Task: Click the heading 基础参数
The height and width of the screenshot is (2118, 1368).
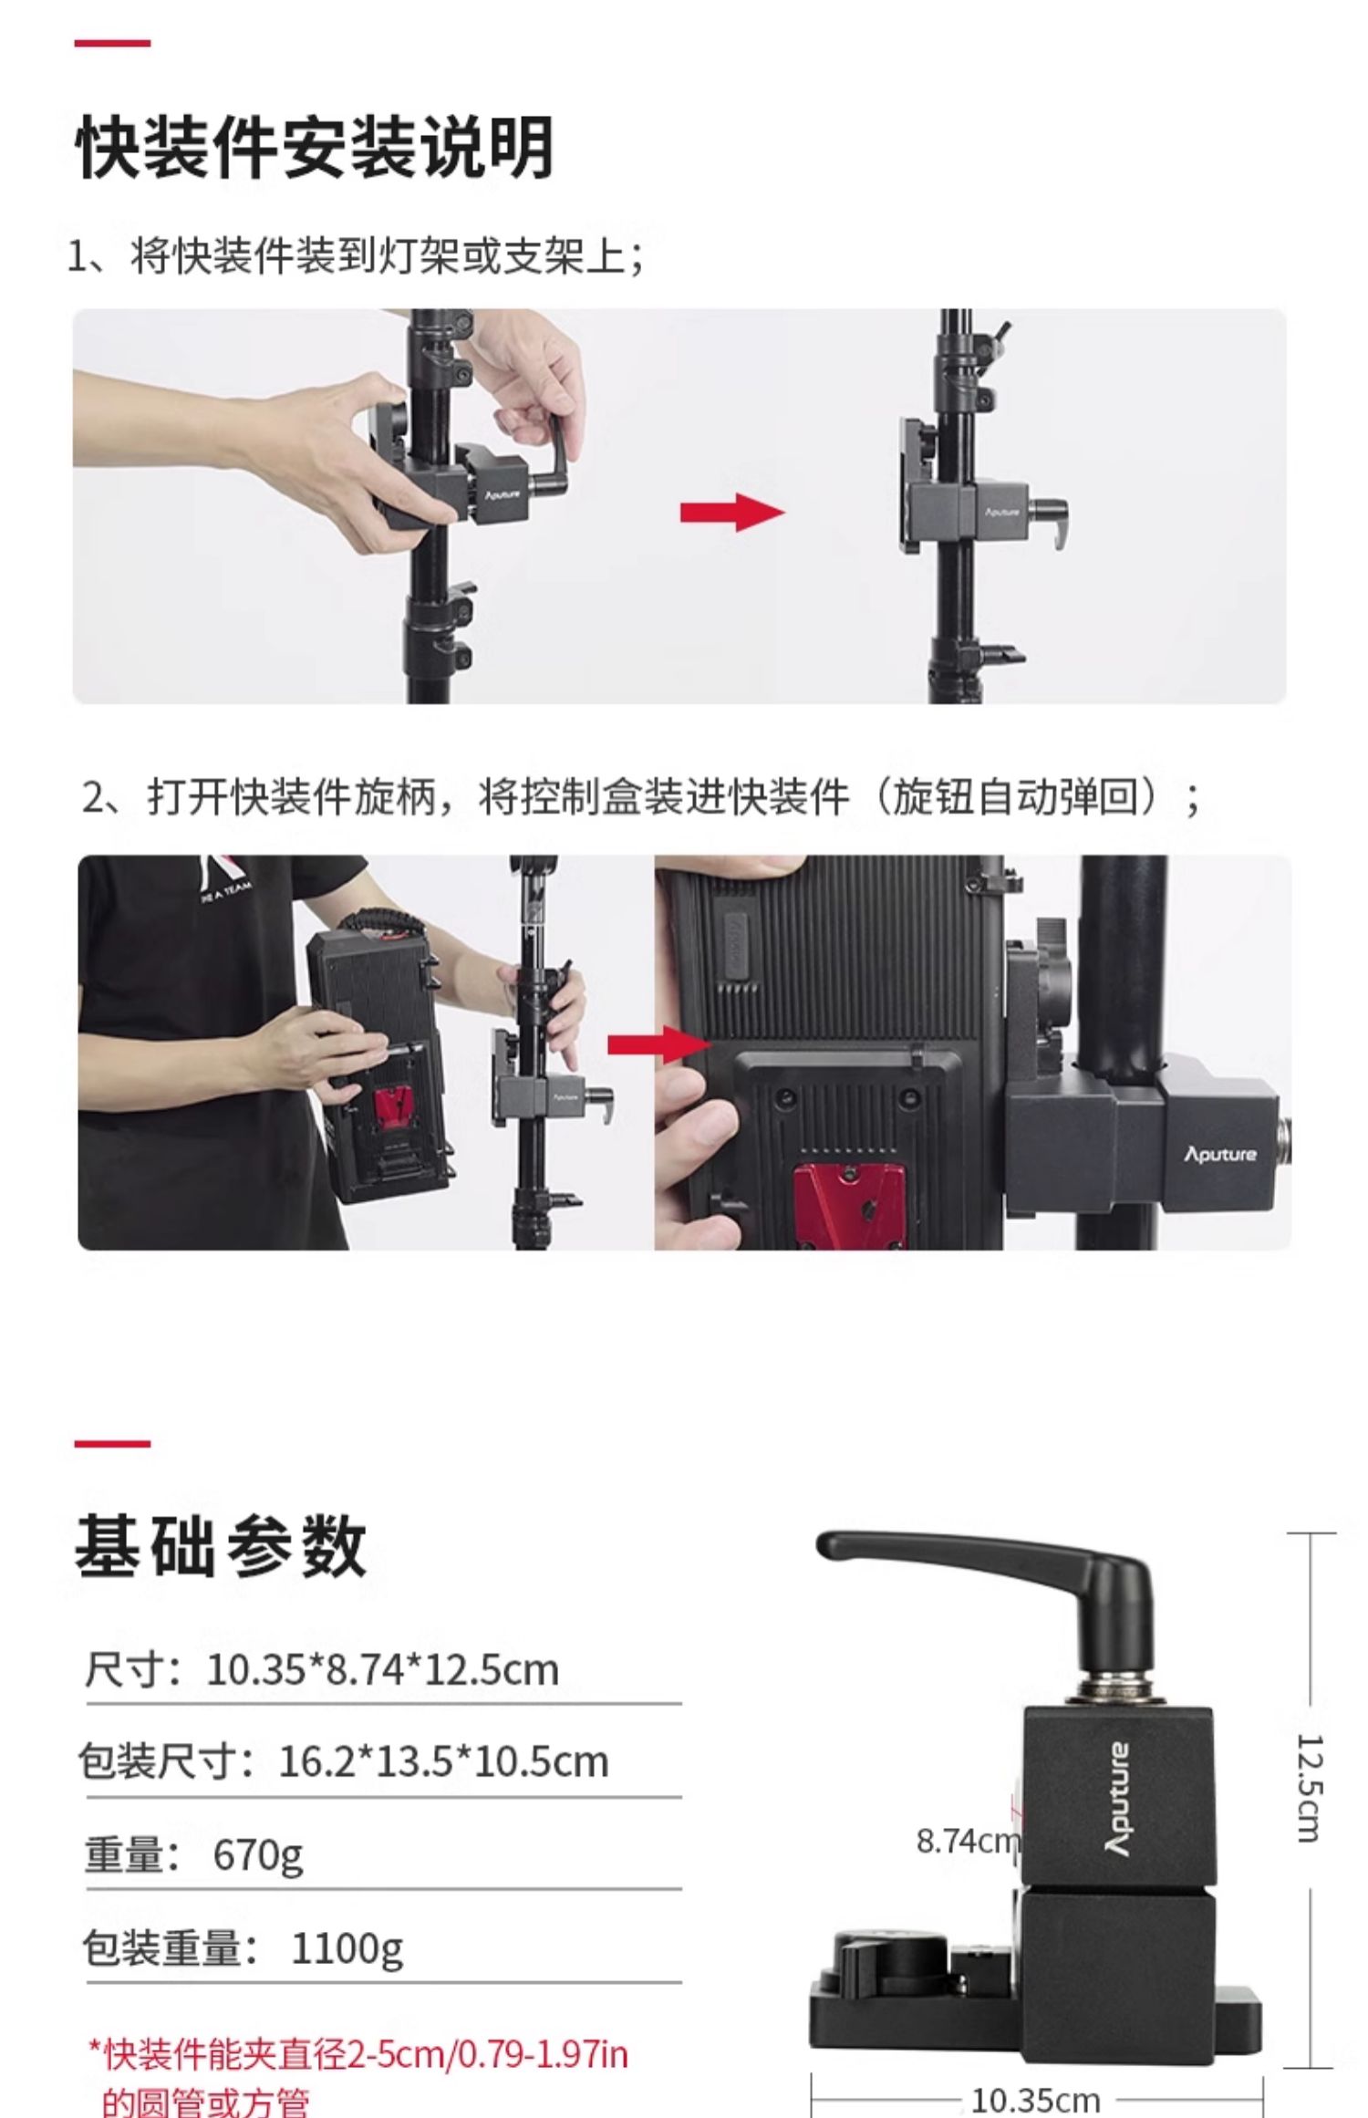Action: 221,1547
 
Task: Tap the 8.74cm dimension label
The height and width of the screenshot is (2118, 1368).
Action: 967,1842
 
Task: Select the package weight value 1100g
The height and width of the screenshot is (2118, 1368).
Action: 347,1947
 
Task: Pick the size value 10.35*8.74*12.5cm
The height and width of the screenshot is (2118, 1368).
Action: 383,1670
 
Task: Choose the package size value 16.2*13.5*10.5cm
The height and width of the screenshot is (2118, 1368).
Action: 443,1761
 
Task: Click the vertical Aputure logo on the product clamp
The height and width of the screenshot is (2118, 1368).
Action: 1118,1799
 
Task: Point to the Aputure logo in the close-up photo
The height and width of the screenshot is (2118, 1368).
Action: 1219,1154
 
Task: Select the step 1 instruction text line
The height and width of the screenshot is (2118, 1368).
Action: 357,256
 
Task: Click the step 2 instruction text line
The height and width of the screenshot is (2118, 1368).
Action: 640,798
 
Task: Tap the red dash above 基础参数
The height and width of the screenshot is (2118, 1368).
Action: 112,1444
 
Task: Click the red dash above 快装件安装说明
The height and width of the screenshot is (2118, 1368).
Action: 112,43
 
